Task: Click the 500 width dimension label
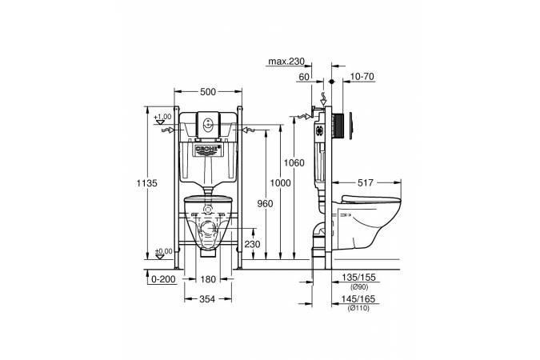tap(208, 92)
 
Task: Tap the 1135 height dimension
tap(146, 183)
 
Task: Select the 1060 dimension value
tap(294, 162)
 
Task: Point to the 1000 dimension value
tap(280, 183)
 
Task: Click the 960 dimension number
tap(265, 203)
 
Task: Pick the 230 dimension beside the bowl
tap(253, 244)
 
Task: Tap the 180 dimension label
tap(208, 279)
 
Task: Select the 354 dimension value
tap(207, 299)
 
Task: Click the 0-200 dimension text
tap(163, 279)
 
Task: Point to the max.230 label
tap(286, 62)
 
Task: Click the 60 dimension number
tap(304, 77)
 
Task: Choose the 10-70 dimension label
tap(362, 77)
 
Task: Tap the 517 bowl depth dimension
tap(366, 182)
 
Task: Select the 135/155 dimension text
tap(358, 278)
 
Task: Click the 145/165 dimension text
tap(358, 299)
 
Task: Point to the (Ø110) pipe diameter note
tap(358, 308)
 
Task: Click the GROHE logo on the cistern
tap(208, 149)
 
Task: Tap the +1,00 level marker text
tap(162, 117)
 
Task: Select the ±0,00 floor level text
tap(163, 251)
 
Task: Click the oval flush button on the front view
tap(208, 124)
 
